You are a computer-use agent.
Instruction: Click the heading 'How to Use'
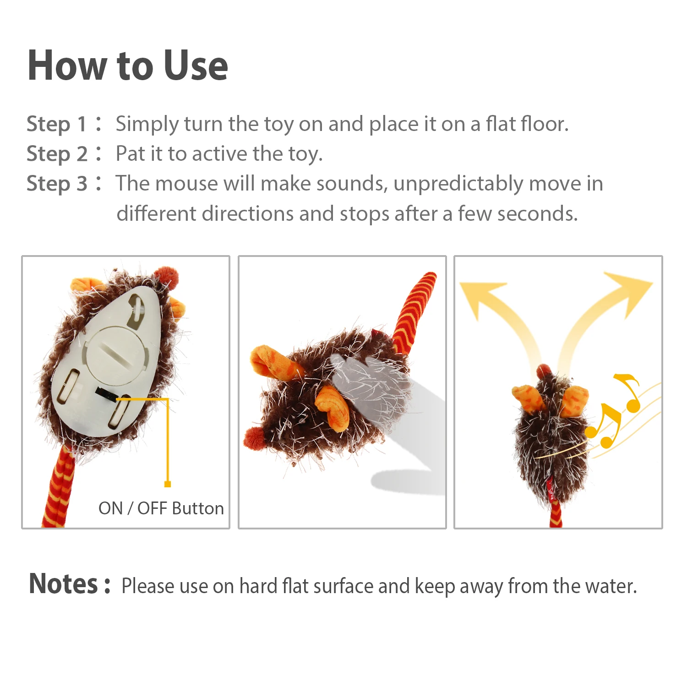click(x=128, y=65)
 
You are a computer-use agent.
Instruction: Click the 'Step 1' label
click(x=56, y=124)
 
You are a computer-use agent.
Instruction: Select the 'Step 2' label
click(x=57, y=154)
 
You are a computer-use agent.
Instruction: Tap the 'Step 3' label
click(x=57, y=184)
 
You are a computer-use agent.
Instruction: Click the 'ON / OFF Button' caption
click(x=161, y=508)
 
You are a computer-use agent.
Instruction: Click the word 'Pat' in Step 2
click(x=130, y=153)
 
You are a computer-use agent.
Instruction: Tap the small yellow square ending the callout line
click(x=168, y=484)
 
